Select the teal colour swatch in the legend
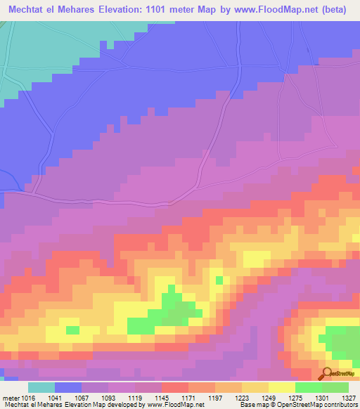(41, 387)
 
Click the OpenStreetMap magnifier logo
(328, 373)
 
